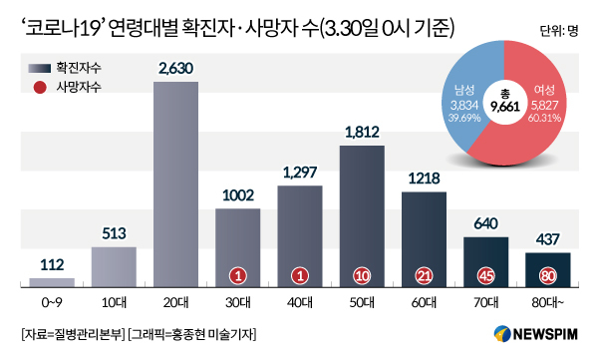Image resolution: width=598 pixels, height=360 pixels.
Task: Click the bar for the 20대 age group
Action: pos(175,184)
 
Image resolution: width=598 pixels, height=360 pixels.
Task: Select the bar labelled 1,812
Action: pos(362,216)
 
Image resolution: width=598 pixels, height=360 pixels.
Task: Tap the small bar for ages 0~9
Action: pos(52,282)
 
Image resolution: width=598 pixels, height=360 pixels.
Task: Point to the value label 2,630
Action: pos(175,69)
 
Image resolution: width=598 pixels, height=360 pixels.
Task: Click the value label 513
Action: pos(114,233)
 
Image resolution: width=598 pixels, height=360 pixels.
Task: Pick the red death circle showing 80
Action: pos(547,275)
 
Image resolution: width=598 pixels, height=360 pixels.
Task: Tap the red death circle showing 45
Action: pos(486,275)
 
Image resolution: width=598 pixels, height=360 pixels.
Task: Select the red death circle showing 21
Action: pos(424,275)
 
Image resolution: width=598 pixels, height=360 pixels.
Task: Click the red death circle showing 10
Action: pos(362,275)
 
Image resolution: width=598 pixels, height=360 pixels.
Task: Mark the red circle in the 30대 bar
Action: pos(238,275)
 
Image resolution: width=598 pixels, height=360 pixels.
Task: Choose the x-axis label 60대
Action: pos(424,303)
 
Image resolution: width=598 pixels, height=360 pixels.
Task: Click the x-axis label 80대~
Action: pos(547,303)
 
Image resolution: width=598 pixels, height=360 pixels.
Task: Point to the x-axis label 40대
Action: pos(300,303)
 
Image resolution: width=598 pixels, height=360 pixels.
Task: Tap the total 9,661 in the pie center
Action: pos(505,107)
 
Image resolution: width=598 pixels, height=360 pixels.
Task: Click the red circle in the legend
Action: pos(40,87)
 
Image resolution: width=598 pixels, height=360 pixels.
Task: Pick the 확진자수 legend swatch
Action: pos(39,69)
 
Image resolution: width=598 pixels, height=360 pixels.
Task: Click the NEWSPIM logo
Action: pos(536,334)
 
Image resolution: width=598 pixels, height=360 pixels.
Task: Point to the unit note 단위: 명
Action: pos(559,31)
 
